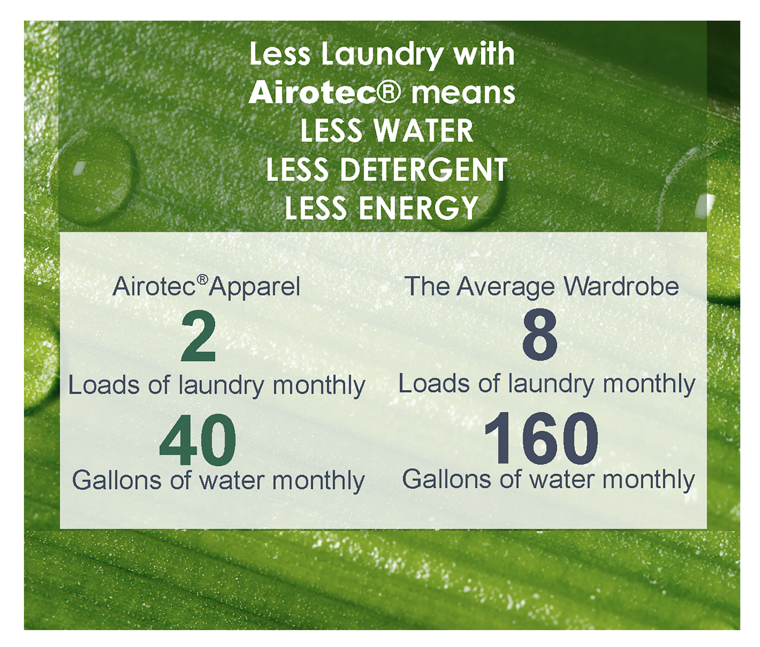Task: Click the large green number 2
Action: point(198,336)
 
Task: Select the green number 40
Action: point(198,440)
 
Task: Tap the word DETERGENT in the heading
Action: point(424,169)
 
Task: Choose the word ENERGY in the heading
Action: point(418,208)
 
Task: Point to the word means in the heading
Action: point(464,93)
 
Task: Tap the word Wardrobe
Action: point(622,286)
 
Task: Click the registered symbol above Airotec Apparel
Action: point(202,280)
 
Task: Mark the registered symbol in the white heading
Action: point(389,92)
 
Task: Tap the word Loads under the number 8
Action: point(434,384)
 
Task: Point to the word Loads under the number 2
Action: point(104,385)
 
